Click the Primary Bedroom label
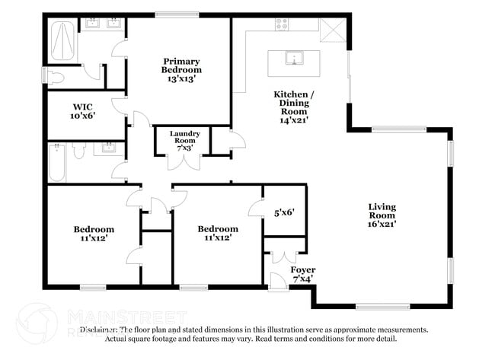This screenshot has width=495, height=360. pyautogui.click(x=181, y=65)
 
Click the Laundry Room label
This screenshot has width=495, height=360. pyautogui.click(x=185, y=137)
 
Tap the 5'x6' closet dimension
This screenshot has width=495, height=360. pyautogui.click(x=284, y=214)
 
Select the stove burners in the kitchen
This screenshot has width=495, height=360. pyautogui.click(x=282, y=24)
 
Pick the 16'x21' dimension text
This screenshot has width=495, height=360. pyautogui.click(x=382, y=223)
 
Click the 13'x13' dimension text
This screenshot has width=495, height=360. pyautogui.click(x=181, y=78)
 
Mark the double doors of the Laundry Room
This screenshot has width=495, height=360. pyautogui.click(x=185, y=161)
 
